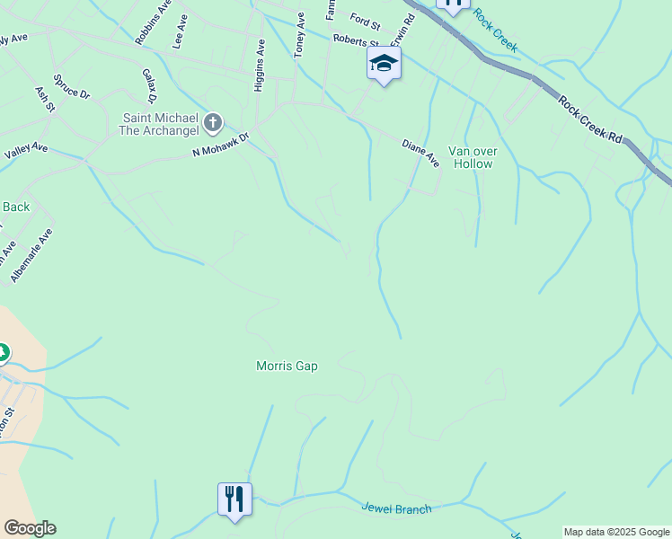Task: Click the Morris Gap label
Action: pyautogui.click(x=287, y=366)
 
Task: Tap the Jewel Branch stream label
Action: pyautogui.click(x=396, y=508)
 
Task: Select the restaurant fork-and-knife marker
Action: pyautogui.click(x=234, y=499)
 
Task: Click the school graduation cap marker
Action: pyautogui.click(x=384, y=63)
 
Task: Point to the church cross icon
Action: pyautogui.click(x=213, y=121)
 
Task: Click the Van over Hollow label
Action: pyautogui.click(x=472, y=157)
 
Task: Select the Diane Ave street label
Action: pyautogui.click(x=420, y=154)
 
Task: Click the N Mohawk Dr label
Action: pyautogui.click(x=219, y=145)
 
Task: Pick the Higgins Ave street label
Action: pyautogui.click(x=261, y=59)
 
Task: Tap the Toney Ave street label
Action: pyautogui.click(x=299, y=36)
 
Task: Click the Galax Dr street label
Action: pyautogui.click(x=149, y=85)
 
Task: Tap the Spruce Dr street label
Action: pyautogui.click(x=72, y=86)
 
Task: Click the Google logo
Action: pyautogui.click(x=30, y=527)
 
